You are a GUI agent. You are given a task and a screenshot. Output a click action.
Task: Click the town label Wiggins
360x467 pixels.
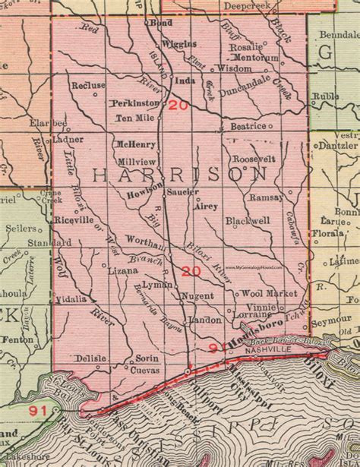[179, 44]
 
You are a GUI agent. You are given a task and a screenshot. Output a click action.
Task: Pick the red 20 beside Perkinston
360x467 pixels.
[179, 106]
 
